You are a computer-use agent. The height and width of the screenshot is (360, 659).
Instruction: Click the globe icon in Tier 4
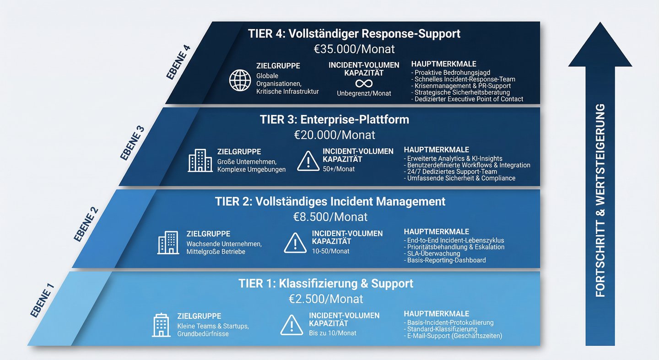pyautogui.click(x=240, y=81)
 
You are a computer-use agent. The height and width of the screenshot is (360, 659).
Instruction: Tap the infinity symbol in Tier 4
pyautogui.click(x=364, y=83)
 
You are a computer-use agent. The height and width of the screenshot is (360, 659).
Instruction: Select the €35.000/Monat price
pyautogui.click(x=354, y=49)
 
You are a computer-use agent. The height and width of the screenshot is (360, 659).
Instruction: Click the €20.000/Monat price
pyautogui.click(x=335, y=135)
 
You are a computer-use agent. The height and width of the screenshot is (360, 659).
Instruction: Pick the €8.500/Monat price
pyautogui.click(x=330, y=217)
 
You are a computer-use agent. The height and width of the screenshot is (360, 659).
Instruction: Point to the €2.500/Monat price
pyautogui.click(x=326, y=299)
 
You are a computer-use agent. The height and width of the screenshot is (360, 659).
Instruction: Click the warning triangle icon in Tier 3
pyautogui.click(x=308, y=161)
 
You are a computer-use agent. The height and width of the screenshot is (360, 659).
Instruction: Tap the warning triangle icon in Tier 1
pyautogui.click(x=292, y=325)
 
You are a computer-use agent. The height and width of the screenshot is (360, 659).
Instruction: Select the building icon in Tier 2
pyautogui.click(x=168, y=242)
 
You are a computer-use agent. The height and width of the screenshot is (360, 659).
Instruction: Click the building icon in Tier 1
pyautogui.click(x=161, y=325)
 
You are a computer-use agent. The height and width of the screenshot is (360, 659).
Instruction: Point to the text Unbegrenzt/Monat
pyautogui.click(x=364, y=93)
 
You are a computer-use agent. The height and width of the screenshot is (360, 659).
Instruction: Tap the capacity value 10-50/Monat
pyautogui.click(x=330, y=251)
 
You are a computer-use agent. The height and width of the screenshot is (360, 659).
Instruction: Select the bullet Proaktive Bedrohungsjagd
pyautogui.click(x=452, y=73)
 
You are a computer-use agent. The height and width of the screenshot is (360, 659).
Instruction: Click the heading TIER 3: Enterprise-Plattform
pyautogui.click(x=334, y=119)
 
